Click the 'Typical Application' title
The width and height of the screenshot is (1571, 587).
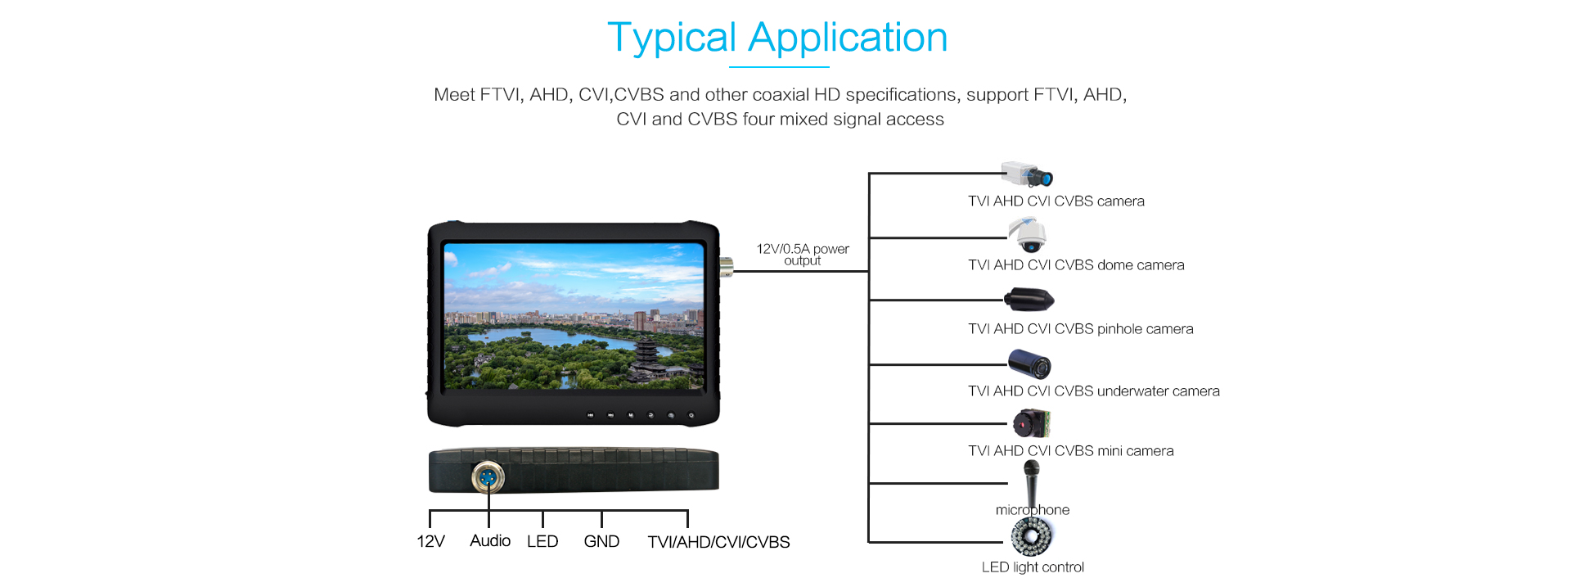point(777,38)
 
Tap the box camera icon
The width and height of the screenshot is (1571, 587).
point(1027,174)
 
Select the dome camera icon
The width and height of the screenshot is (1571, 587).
point(1028,235)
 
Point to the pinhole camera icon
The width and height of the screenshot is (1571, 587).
point(1029,300)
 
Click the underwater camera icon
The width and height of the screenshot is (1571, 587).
point(1029,363)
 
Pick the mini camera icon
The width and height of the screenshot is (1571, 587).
point(1031,423)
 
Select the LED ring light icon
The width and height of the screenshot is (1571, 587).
point(1031,537)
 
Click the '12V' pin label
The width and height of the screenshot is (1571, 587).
point(430,541)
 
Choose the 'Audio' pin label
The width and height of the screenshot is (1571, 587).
point(490,540)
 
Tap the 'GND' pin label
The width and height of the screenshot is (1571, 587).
point(601,541)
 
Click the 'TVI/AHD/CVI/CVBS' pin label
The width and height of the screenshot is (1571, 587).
point(718,542)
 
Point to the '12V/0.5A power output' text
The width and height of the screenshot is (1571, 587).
point(803,255)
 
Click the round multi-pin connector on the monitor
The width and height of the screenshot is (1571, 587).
point(488,476)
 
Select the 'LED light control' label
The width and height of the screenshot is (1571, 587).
point(1033,567)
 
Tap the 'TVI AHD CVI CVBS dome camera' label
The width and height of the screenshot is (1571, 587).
point(1076,265)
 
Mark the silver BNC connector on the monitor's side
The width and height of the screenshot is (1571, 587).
point(726,264)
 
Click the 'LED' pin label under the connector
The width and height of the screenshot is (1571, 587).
point(542,541)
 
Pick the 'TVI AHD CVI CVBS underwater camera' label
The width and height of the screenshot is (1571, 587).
point(1094,391)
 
